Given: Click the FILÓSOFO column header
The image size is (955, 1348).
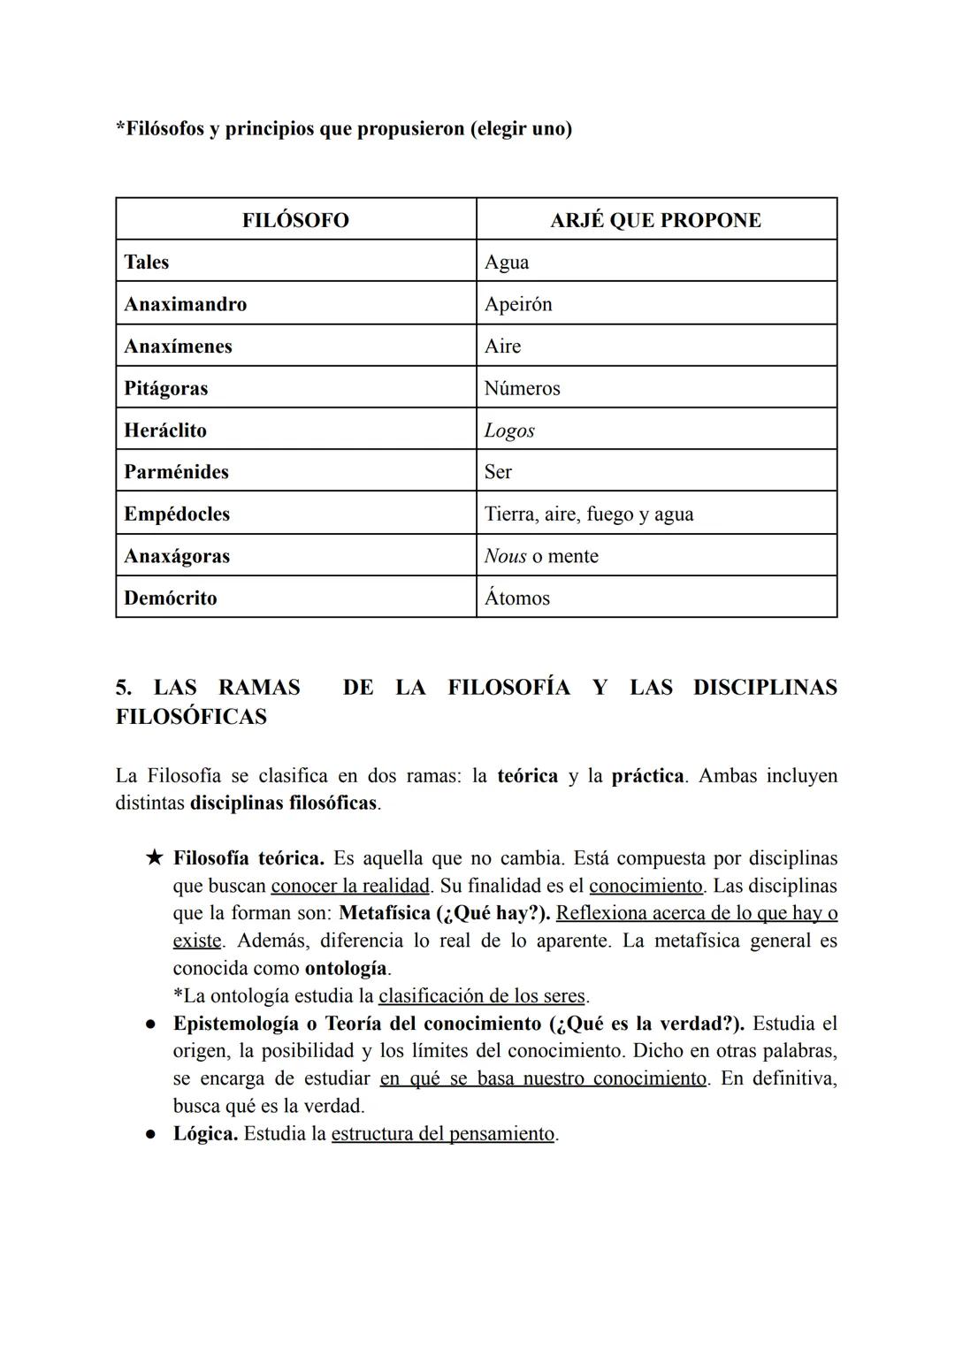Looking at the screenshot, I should [x=295, y=220].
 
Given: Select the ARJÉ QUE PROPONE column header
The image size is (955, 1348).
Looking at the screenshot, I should [x=655, y=220].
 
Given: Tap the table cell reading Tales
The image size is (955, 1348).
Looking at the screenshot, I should [x=147, y=263].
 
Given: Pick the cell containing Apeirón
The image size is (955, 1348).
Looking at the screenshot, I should [x=518, y=304].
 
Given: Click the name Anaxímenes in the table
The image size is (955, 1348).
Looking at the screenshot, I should [x=178, y=347].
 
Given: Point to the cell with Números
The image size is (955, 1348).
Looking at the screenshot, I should [x=522, y=389].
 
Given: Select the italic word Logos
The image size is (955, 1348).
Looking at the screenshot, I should [x=509, y=430].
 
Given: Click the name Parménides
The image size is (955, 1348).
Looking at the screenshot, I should [x=176, y=472].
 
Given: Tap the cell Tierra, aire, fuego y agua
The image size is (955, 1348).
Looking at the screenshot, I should [x=589, y=514].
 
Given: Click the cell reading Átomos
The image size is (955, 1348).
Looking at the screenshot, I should [x=517, y=598].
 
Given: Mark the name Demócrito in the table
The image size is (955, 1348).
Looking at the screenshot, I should [x=170, y=598].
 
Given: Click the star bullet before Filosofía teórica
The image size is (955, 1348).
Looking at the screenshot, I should [x=155, y=857].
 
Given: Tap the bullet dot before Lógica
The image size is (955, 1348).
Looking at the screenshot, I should [x=151, y=1133].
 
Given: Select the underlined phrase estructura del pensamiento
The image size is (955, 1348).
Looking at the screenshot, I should [x=443, y=1134].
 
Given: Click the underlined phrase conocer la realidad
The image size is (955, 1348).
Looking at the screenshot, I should [x=349, y=886].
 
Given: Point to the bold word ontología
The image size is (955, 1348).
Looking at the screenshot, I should [x=346, y=968].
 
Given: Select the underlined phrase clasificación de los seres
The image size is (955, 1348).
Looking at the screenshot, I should [x=482, y=996].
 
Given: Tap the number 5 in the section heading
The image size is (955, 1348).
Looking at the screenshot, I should [x=122, y=688].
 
